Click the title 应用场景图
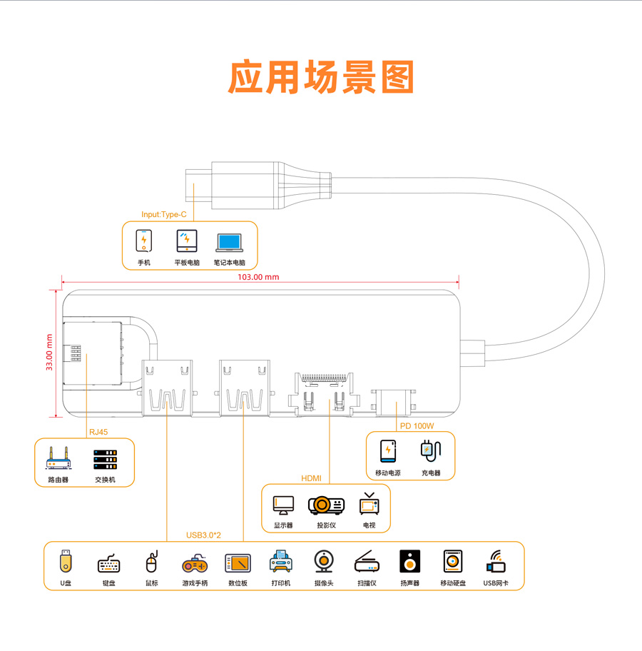pyautogui.click(x=321, y=76)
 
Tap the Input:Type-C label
pyautogui.click(x=163, y=214)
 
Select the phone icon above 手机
pyautogui.click(x=144, y=241)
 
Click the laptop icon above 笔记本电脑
pyautogui.click(x=229, y=242)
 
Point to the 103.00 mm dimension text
pyautogui.click(x=258, y=277)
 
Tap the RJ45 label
pyautogui.click(x=98, y=432)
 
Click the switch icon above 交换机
pyautogui.click(x=104, y=458)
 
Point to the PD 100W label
pyautogui.click(x=417, y=426)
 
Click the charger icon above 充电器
pyautogui.click(x=431, y=450)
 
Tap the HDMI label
pyautogui.click(x=312, y=478)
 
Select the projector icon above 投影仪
pyautogui.click(x=326, y=505)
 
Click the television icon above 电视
pyautogui.click(x=369, y=504)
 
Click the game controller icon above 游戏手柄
pyautogui.click(x=195, y=563)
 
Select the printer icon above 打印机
pyautogui.click(x=281, y=562)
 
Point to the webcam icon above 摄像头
pyautogui.click(x=323, y=562)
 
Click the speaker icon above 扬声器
pyautogui.click(x=409, y=562)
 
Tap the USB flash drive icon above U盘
pyautogui.click(x=66, y=561)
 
